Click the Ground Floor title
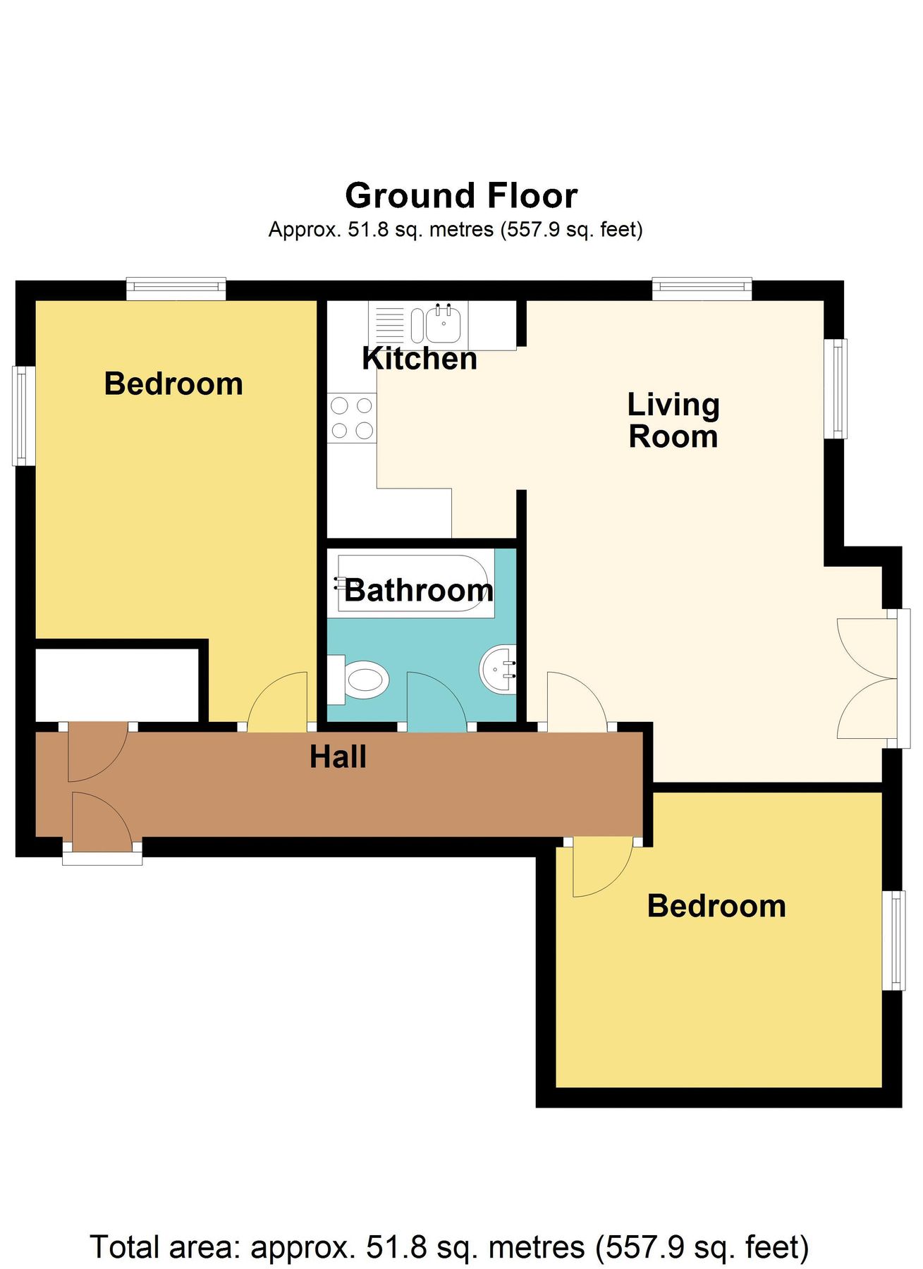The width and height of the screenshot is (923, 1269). click(461, 196)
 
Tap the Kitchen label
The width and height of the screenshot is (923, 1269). click(420, 359)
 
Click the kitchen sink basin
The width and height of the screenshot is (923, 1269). click(444, 324)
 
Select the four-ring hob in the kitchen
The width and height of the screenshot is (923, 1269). click(352, 418)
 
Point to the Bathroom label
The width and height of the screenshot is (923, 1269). click(419, 590)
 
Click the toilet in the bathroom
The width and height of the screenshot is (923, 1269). click(360, 680)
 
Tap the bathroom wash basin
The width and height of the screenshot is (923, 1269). click(498, 668)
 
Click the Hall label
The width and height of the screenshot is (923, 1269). click(338, 757)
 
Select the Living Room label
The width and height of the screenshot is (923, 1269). click(673, 420)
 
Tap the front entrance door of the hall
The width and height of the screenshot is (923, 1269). click(101, 818)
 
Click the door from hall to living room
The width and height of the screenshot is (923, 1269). click(575, 701)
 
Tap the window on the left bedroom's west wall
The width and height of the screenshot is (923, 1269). click(24, 415)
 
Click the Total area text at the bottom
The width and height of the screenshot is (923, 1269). click(449, 1246)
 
